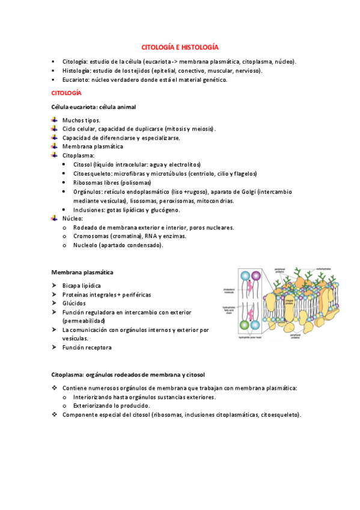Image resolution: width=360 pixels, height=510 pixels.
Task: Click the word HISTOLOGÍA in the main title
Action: tap(200, 47)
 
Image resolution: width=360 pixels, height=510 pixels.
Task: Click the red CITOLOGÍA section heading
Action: tap(66, 93)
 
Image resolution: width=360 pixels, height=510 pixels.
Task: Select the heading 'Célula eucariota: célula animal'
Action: tap(93, 107)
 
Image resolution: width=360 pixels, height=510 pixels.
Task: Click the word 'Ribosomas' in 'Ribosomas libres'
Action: tap(87, 182)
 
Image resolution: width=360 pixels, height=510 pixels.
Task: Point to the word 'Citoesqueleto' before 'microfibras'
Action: tap(91, 173)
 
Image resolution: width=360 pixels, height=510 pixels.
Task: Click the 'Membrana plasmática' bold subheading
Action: tap(83, 272)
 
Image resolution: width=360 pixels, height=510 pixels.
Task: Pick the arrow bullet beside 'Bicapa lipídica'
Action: tap(55, 285)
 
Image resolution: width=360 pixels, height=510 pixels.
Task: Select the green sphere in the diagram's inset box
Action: tap(243, 325)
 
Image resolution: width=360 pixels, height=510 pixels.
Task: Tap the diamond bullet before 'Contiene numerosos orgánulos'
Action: tap(55, 388)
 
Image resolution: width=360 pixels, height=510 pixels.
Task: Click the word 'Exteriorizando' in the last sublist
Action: tap(93, 406)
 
